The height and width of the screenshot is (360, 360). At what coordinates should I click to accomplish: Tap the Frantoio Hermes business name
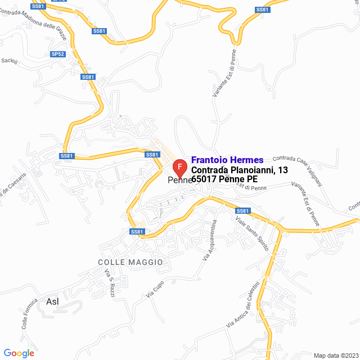coord(227,160)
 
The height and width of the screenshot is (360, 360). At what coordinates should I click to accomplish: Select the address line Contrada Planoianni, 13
coord(240,170)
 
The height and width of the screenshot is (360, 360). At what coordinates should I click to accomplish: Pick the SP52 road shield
coord(58,54)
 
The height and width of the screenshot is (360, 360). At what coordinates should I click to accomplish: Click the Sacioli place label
coord(10,61)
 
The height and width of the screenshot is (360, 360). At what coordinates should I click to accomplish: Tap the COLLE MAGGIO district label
coord(130,262)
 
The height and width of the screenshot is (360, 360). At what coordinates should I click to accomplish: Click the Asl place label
coord(52,301)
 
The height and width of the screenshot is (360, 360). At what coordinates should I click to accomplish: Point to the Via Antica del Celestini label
coord(243,306)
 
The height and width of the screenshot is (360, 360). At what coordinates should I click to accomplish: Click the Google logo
coord(19,353)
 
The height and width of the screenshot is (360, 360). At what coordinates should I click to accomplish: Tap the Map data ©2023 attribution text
coord(335,355)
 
